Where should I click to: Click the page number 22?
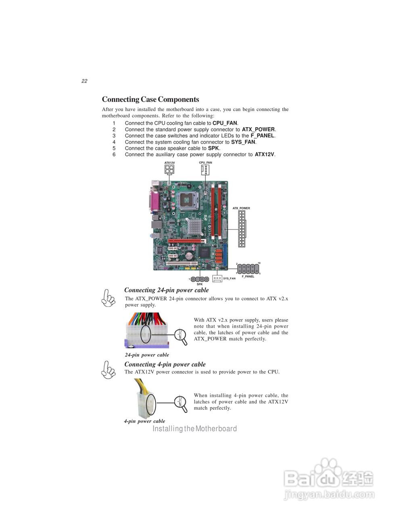point(84,81)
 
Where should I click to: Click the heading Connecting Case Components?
point(150,99)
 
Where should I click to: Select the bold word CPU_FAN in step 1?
point(225,123)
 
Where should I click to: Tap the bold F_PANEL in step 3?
point(262,136)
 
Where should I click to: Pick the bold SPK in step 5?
point(213,148)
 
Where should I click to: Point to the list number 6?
point(114,155)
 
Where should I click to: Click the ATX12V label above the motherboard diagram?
point(169,162)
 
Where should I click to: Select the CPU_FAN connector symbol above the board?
point(205,170)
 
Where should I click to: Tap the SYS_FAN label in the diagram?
point(229,279)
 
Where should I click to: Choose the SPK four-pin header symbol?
point(199,279)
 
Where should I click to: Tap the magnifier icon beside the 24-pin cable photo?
point(181,337)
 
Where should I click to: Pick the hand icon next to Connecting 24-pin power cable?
point(109,298)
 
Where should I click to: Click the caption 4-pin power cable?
point(144,421)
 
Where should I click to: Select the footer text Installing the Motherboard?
point(194,429)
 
